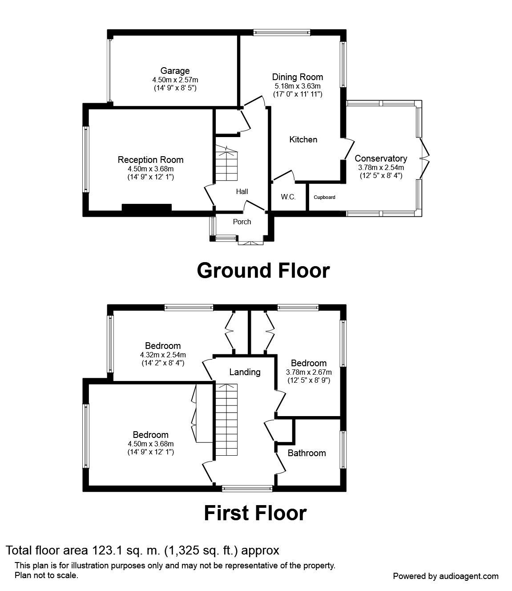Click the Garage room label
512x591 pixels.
point(175,71)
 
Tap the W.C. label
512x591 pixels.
point(288,197)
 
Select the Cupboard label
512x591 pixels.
point(324,197)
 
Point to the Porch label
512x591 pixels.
point(242,222)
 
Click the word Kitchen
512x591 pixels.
point(303,140)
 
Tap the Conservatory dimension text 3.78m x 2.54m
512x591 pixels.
point(381,167)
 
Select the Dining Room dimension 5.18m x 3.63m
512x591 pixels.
point(298,86)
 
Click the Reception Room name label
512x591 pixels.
point(151,160)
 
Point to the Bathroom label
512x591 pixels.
point(307,453)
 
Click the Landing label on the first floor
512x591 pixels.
point(245,372)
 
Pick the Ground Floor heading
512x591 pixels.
point(263,271)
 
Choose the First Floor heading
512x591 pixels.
point(255,514)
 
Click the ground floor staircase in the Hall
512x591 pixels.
point(226,163)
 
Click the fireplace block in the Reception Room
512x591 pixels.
point(147,208)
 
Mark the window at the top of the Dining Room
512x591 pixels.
point(282,32)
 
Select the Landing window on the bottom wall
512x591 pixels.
point(247,489)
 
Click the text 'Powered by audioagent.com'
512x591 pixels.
point(446,576)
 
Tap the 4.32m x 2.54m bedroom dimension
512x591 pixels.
point(163,355)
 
